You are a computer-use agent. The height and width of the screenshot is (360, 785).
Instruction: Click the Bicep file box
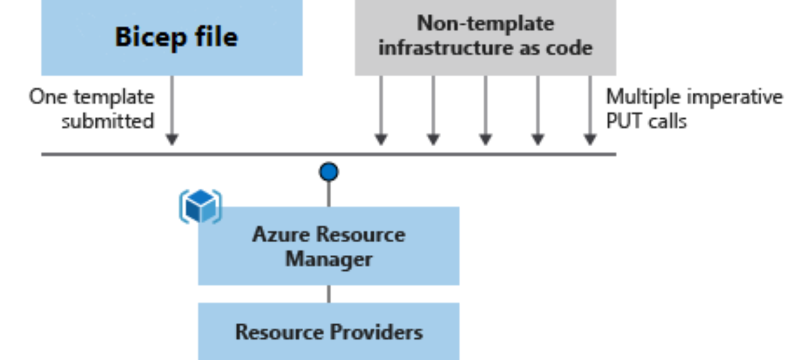(x=172, y=37)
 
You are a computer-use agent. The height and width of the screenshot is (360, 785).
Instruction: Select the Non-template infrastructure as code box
(x=485, y=37)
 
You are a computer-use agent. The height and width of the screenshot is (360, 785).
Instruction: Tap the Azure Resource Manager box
(x=329, y=246)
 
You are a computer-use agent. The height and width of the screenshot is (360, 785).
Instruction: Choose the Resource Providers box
(x=329, y=331)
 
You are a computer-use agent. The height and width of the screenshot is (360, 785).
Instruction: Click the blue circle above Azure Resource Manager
(x=329, y=172)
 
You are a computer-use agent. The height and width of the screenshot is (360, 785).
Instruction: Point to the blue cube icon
(x=201, y=206)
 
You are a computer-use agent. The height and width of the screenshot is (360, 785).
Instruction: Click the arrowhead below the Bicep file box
(x=172, y=140)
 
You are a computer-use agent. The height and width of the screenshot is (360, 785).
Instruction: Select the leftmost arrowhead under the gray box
(x=381, y=140)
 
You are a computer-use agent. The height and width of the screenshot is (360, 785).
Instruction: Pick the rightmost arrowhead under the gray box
(x=590, y=140)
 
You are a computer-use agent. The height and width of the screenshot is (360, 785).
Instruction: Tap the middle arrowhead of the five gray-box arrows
(x=486, y=140)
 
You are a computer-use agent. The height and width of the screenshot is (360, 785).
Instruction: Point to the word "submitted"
(x=108, y=121)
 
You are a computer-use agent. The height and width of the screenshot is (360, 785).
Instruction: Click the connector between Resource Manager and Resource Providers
(x=329, y=294)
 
